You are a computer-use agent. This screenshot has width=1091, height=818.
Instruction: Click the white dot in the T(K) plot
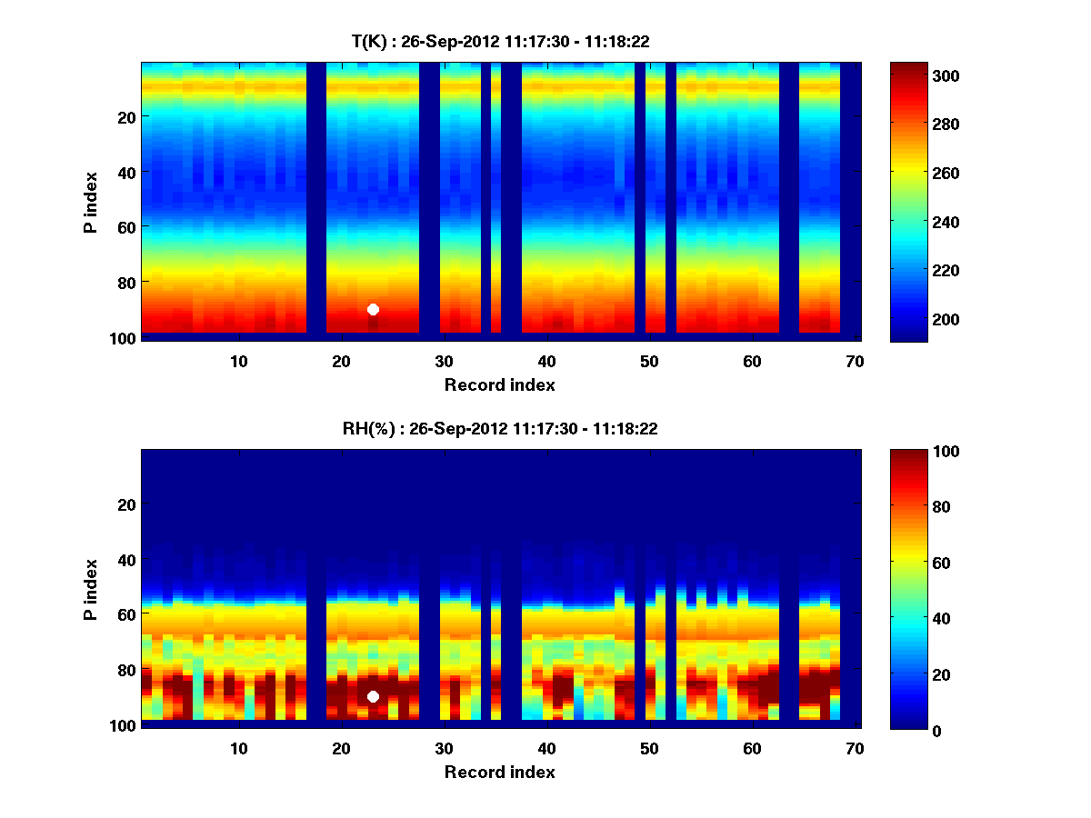coord(373,309)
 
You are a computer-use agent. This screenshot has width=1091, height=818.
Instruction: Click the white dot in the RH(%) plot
coord(373,696)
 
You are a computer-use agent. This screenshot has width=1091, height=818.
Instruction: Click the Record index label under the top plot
coord(500,384)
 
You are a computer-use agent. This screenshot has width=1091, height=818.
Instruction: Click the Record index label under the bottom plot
coord(500,772)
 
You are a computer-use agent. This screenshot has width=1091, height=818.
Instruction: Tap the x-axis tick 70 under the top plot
coord(855,361)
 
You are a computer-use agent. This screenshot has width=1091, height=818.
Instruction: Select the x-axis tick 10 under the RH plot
coord(238,748)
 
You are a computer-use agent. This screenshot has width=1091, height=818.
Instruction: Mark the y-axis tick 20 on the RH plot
coord(126,504)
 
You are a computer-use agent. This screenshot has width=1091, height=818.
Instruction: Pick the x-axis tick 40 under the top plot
coord(546,361)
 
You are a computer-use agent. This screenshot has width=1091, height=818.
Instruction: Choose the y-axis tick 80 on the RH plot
coord(126,670)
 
